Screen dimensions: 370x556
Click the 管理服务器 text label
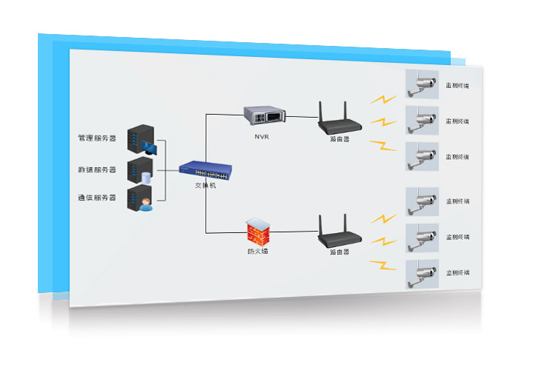pyautogui.click(x=97, y=138)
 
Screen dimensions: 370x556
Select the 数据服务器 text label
pyautogui.click(x=97, y=169)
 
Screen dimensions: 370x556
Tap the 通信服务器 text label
pyautogui.click(x=97, y=198)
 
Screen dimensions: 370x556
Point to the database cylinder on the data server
pyautogui.click(x=147, y=178)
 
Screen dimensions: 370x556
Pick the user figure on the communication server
pyautogui.click(x=146, y=204)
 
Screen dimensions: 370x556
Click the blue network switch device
pyautogui.click(x=205, y=169)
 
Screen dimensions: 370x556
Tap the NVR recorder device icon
pyautogui.click(x=265, y=115)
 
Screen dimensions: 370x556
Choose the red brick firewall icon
pyautogui.click(x=260, y=232)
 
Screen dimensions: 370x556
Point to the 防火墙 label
pyautogui.click(x=258, y=252)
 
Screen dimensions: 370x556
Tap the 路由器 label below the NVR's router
pyautogui.click(x=340, y=138)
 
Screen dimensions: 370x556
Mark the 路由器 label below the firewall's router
pyautogui.click(x=340, y=252)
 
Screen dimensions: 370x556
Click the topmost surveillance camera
pyautogui.click(x=423, y=84)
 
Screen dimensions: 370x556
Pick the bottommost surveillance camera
pyautogui.click(x=423, y=273)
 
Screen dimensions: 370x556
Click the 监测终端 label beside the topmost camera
pyautogui.click(x=457, y=86)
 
